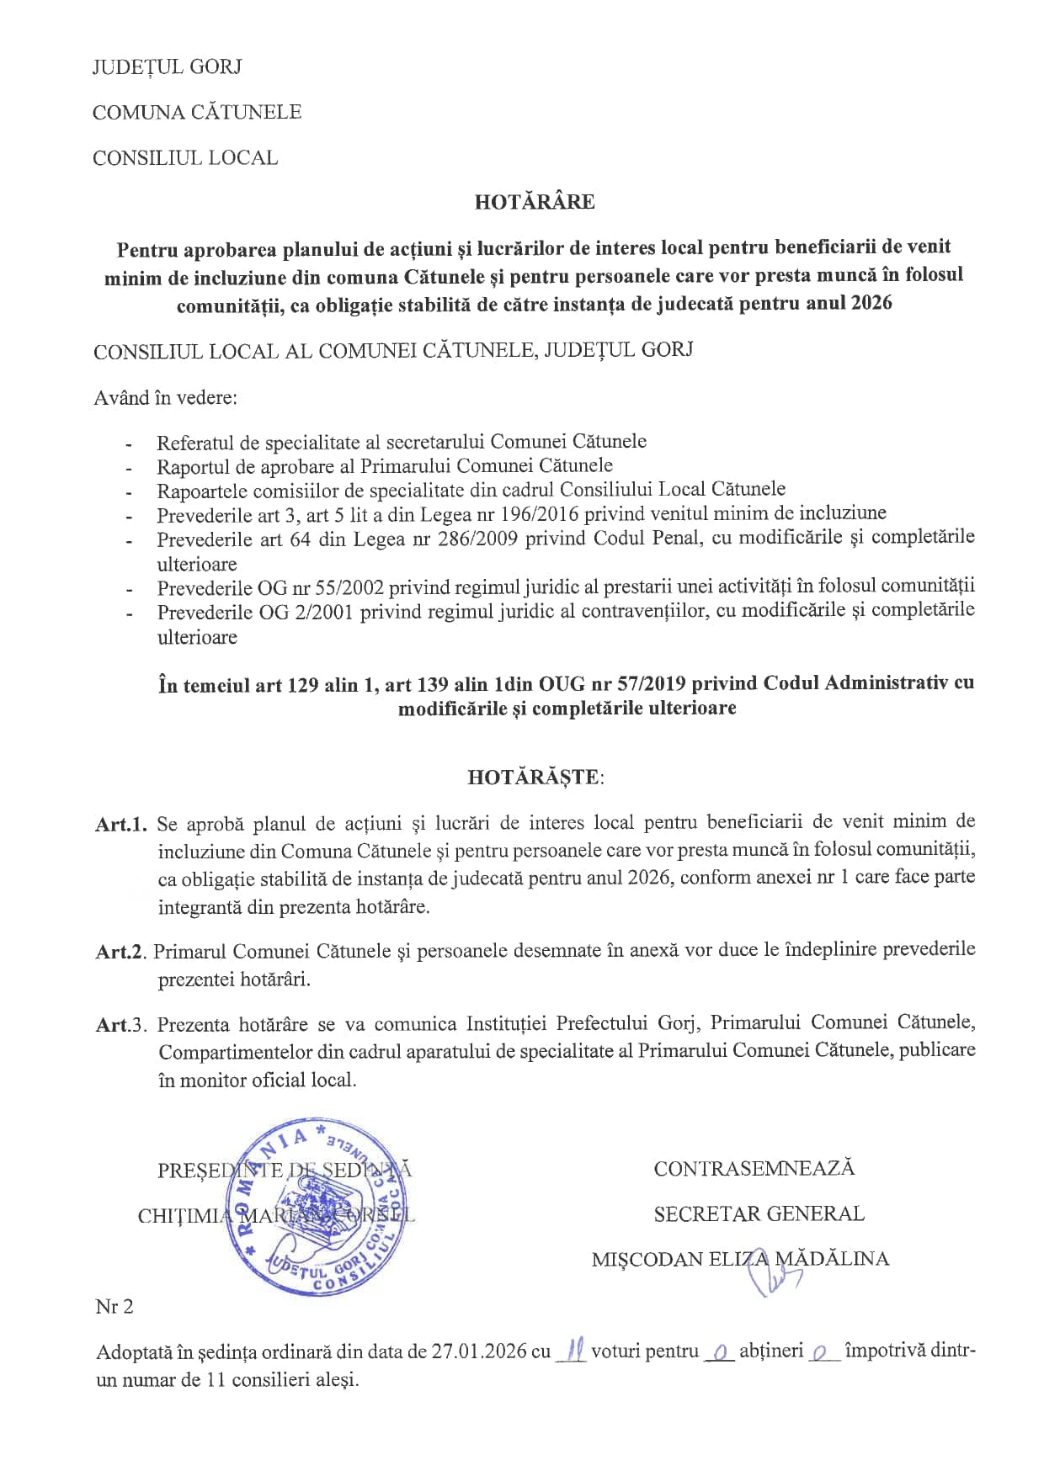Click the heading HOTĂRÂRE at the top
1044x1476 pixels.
(x=534, y=202)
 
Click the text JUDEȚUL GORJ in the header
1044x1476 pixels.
(x=167, y=67)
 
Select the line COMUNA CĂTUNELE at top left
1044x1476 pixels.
(x=196, y=113)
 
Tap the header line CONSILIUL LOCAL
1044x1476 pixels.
(x=184, y=158)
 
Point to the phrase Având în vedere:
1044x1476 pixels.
(x=165, y=397)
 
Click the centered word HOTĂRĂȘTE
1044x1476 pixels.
(x=535, y=777)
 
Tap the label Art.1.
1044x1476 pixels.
(x=122, y=824)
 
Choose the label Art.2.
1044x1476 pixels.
(x=122, y=952)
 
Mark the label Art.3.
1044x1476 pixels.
(x=122, y=1025)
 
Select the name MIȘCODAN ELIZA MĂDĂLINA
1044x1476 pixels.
(x=740, y=1259)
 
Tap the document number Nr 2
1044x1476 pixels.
(x=115, y=1306)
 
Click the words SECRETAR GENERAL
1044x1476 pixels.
(x=759, y=1213)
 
